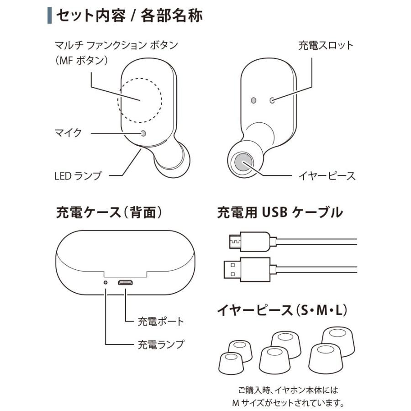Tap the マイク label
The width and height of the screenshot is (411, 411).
coord(68,133)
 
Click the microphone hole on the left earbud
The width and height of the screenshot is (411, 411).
coord(144,133)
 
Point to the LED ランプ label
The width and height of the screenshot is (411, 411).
coord(77,175)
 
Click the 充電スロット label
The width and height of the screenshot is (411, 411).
coord(326,46)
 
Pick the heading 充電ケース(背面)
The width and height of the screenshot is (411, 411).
coord(110,213)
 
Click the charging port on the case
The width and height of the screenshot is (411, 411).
coord(125,283)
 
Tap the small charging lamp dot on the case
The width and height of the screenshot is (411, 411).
coord(106,283)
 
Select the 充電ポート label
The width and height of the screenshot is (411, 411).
coord(161,321)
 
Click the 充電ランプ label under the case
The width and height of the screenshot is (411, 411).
coord(161,344)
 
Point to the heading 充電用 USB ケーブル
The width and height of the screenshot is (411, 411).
coord(279,213)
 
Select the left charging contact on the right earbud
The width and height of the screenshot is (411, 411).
coord(253,100)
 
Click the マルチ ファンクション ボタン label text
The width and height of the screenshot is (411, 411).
coord(116,46)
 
